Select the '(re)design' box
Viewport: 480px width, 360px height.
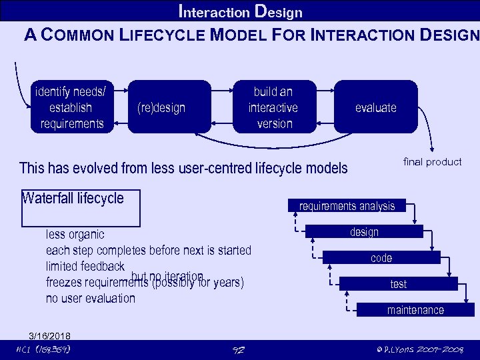coord(161,107)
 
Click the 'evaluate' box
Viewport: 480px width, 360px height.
coord(375,107)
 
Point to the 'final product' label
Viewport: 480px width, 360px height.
coord(432,162)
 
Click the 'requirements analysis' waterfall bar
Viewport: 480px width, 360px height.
coord(347,206)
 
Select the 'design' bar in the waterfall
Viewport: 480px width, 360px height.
coord(364,232)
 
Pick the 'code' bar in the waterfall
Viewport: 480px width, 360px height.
coord(381,258)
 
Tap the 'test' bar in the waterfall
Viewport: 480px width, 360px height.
coord(398,284)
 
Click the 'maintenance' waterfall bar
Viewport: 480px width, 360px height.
coord(415,310)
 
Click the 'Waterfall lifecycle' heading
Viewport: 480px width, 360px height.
coord(73,198)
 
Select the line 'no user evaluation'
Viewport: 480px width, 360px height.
coord(90,298)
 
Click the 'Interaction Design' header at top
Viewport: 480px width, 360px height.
coord(241,12)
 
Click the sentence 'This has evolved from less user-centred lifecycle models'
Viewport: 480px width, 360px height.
coord(183,168)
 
